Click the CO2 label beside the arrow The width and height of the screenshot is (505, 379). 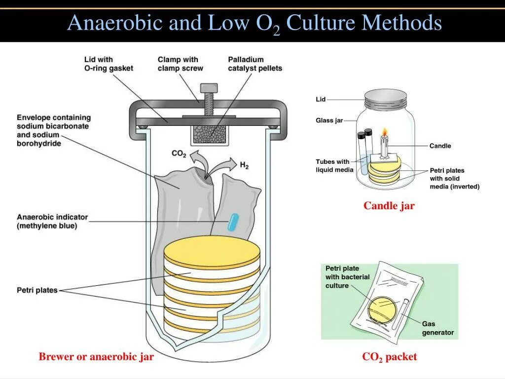[179, 154]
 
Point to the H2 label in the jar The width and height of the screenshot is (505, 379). [244, 165]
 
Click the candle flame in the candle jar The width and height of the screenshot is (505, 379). [384, 132]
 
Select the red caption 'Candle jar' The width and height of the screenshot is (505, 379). [389, 206]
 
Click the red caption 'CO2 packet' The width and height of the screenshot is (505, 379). [389, 357]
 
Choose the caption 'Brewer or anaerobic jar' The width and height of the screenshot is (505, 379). [96, 357]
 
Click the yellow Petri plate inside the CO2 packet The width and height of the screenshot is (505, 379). [382, 309]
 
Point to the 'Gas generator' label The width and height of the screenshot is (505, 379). [437, 328]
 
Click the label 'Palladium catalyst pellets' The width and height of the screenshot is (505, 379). [254, 64]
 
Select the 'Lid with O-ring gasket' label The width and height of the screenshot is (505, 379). [108, 64]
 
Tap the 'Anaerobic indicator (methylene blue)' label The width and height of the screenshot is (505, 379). [52, 221]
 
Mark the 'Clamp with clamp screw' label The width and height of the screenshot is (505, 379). [180, 64]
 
